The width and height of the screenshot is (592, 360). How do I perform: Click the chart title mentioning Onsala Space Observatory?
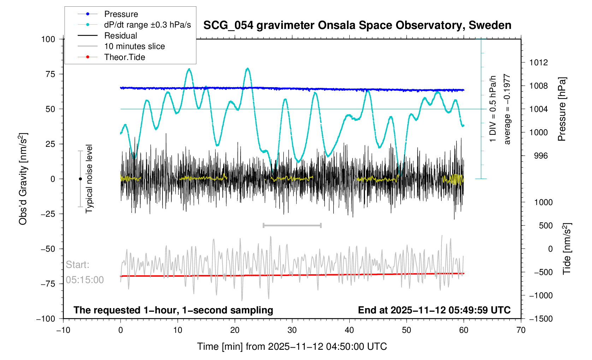[x=357, y=25]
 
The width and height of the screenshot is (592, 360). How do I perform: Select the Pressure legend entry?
[x=121, y=14]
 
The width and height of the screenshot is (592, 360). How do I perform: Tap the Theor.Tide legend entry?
[x=124, y=57]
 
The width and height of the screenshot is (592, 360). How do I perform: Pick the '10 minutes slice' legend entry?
[x=134, y=46]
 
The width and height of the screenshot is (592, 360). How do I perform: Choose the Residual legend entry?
[x=120, y=36]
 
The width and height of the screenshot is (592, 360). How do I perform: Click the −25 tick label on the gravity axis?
[x=48, y=214]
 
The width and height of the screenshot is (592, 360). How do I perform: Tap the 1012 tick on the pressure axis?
[x=538, y=63]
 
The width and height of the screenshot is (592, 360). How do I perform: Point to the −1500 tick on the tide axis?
[x=540, y=319]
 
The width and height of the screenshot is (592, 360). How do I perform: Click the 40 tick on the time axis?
[x=349, y=330]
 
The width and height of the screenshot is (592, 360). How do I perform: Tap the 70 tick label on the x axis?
[x=521, y=330]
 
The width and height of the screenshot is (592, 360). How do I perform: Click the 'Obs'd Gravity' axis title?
[x=23, y=179]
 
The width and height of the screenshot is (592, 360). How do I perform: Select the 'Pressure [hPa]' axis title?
[x=562, y=109]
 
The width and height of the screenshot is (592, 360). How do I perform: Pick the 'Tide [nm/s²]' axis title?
[x=567, y=248]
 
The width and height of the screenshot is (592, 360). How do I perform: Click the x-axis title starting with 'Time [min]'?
[x=292, y=347]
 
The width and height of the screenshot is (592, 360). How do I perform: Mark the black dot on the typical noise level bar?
[x=80, y=179]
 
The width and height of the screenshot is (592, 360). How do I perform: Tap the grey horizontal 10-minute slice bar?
[x=292, y=225]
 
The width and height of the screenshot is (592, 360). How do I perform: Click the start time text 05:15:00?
[x=85, y=280]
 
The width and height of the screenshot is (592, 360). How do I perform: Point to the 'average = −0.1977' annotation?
[x=507, y=109]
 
